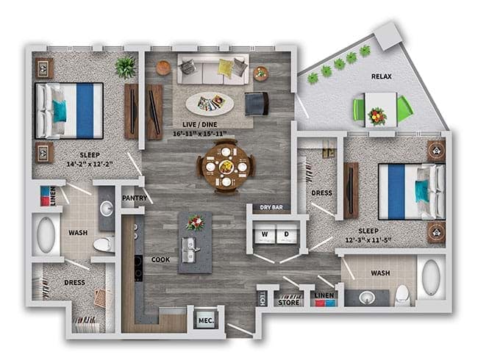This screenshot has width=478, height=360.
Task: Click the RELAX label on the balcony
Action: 382,76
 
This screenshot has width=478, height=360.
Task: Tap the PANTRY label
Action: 135,198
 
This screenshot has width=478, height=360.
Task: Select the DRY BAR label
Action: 271,207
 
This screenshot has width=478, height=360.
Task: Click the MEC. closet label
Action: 207,321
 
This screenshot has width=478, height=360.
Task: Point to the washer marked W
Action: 265,234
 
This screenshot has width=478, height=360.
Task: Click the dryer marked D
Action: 287,234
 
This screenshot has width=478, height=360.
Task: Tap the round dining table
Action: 226,167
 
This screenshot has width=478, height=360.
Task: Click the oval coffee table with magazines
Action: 210,104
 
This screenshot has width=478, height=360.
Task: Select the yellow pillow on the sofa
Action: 226,68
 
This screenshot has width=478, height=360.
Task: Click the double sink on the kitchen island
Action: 190,250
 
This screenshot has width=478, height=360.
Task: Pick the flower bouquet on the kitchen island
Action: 195,223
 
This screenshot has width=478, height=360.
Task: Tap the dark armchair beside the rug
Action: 257,104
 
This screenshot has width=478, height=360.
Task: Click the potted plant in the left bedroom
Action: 126,68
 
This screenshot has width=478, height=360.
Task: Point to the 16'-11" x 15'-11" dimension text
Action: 200,134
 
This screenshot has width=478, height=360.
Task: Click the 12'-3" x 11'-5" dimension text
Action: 368,240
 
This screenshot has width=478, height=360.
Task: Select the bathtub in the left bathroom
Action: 46,234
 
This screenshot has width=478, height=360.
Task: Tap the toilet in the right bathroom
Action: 402,295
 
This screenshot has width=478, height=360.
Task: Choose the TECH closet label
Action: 262,298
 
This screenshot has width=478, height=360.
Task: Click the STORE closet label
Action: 288,303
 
